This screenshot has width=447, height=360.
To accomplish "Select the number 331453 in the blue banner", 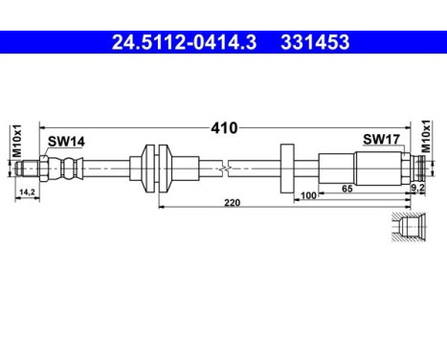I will pos(314,42).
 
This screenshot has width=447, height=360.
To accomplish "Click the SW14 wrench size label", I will pos(66,142).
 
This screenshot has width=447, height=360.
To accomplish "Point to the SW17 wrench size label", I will pos(380,140).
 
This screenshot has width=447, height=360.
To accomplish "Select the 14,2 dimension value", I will pos(28,191).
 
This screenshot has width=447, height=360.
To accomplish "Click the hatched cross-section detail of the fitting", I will pos(409,230).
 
